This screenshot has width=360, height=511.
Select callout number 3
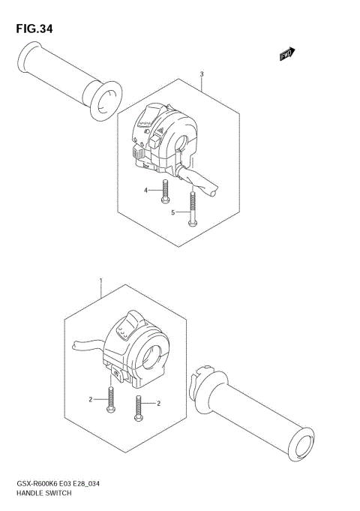(x=202, y=74)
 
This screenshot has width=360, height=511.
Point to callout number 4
(x=147, y=191)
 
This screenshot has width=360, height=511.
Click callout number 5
(x=172, y=213)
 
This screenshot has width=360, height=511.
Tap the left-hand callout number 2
(x=90, y=400)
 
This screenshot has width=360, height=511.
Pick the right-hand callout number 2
(x=160, y=404)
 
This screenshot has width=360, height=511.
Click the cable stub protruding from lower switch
(x=85, y=344)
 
